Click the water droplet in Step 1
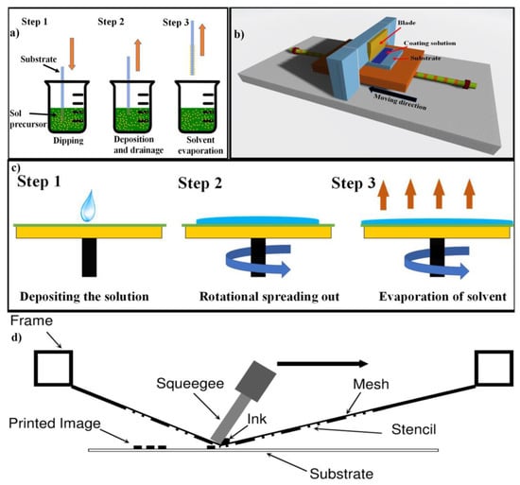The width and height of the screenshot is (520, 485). (88, 206)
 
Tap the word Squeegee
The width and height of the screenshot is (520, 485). (190, 384)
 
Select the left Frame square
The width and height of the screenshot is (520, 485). (53, 368)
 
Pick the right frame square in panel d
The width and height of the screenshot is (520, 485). (494, 368)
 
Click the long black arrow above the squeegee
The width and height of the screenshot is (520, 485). (322, 364)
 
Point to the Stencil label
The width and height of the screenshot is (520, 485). (413, 429)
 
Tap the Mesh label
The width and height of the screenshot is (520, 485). (371, 384)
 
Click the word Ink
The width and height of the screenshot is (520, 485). (257, 419)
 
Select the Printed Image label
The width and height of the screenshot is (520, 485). (55, 424)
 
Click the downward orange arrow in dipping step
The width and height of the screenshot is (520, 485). (72, 54)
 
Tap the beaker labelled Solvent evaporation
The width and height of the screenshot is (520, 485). (198, 107)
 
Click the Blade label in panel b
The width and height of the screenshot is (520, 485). (407, 23)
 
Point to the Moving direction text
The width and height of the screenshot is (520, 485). (400, 102)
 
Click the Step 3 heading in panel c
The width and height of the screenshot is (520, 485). (354, 183)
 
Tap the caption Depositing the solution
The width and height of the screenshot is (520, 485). (84, 296)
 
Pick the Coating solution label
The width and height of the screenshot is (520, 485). (429, 43)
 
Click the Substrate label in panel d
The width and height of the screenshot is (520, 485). (341, 474)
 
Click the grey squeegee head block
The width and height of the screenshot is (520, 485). (255, 381)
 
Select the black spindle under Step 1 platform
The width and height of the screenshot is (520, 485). (89, 257)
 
